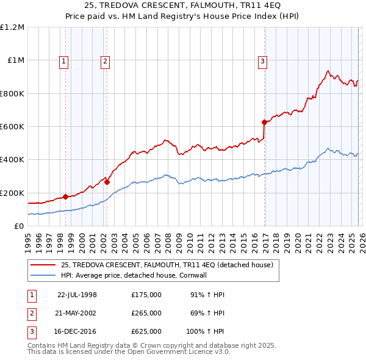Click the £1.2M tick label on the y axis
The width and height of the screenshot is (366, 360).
tap(13, 27)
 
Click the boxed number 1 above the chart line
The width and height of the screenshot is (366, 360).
tap(65, 60)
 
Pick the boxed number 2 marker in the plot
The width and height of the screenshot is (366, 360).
tap(106, 60)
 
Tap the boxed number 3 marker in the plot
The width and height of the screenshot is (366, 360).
tap(262, 60)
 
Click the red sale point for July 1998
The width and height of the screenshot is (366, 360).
tap(65, 197)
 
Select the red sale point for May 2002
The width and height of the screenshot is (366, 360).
tap(107, 182)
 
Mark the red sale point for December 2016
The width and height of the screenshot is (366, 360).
tap(264, 122)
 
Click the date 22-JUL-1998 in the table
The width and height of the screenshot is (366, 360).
tap(77, 295)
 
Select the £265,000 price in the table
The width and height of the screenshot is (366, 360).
tap(146, 313)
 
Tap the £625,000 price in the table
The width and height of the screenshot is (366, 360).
tap(146, 332)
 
